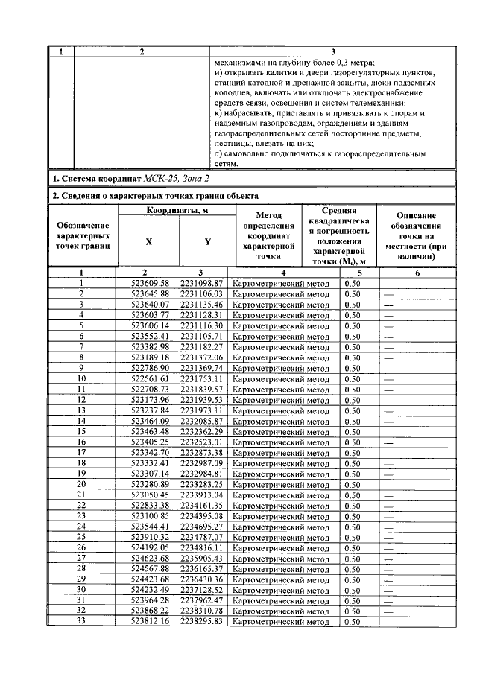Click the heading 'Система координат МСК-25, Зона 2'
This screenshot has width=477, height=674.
click(x=130, y=179)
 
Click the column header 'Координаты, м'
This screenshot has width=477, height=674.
click(x=176, y=211)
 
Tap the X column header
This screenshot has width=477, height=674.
click(x=148, y=241)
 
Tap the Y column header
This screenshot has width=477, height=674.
click(x=206, y=241)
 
